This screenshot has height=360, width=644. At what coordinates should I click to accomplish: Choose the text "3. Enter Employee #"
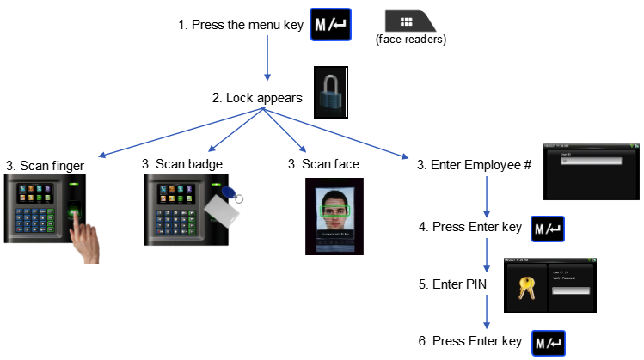[473, 163]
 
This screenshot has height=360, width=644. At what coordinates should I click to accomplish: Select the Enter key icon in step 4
[548, 229]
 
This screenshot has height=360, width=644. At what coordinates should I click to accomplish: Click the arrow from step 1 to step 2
[267, 60]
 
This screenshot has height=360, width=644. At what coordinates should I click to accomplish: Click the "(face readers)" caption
[411, 40]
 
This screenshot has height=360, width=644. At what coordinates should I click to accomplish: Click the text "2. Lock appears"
[257, 98]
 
